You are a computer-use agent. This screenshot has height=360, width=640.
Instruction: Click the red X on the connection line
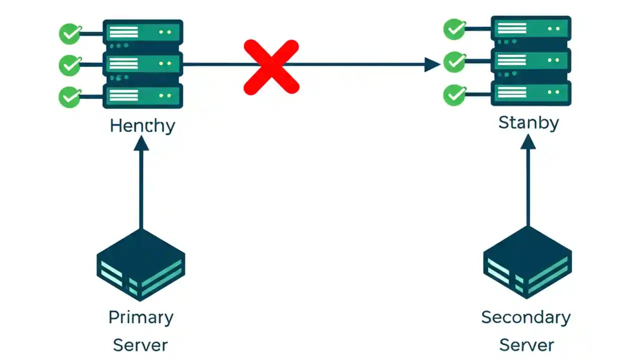point(271,67)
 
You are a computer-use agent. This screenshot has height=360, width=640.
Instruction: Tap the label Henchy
point(142,125)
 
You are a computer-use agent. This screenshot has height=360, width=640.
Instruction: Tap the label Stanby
point(528,122)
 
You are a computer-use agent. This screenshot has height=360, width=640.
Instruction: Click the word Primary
point(141,317)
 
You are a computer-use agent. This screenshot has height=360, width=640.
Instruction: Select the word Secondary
point(526,317)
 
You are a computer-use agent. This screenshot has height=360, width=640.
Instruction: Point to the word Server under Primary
point(140,345)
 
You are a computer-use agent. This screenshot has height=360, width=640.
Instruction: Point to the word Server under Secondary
point(527,345)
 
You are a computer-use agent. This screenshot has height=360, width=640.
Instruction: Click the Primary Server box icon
point(140,265)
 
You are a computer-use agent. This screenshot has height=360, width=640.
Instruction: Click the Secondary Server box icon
point(527,262)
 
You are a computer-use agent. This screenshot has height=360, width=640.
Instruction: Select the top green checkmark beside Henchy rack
point(70,34)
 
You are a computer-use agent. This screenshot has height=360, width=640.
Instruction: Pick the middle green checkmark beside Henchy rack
point(70,65)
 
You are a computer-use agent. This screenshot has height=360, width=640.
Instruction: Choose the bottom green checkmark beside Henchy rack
point(70,96)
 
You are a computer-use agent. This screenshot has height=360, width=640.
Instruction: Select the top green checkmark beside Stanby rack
point(454,29)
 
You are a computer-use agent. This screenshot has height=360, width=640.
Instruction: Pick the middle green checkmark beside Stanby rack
point(454,62)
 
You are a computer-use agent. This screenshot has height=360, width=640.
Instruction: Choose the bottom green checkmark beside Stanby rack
point(454,94)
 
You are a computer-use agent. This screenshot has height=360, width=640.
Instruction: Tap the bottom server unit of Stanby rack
point(531,93)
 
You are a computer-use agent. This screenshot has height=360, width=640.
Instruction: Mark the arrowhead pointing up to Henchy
point(141,143)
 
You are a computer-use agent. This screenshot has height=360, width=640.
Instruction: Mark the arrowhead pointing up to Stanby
point(528,141)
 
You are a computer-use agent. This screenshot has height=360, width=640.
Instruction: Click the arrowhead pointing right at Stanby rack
point(432,64)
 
